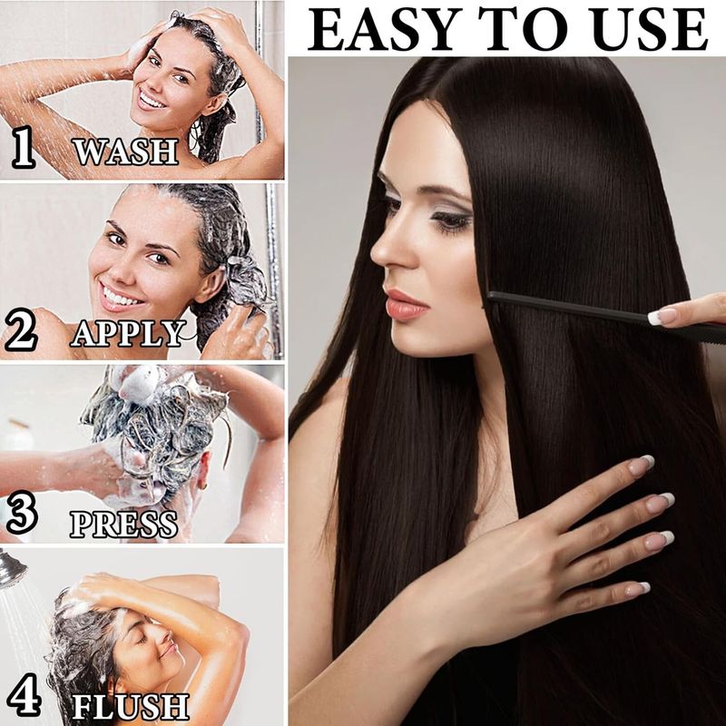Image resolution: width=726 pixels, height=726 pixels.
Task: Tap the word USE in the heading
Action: [650, 29]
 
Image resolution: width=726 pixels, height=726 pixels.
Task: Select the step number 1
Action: [24, 147]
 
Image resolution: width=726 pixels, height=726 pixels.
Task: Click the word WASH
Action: [126, 151]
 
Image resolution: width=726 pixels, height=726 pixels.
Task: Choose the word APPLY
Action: [128, 333]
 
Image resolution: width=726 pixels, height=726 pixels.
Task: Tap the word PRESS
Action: [124, 525]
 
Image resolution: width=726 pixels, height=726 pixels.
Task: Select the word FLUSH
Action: [131, 707]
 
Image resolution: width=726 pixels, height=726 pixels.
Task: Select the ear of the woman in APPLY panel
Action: [211, 281]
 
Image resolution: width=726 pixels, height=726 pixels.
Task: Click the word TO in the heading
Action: [523, 29]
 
